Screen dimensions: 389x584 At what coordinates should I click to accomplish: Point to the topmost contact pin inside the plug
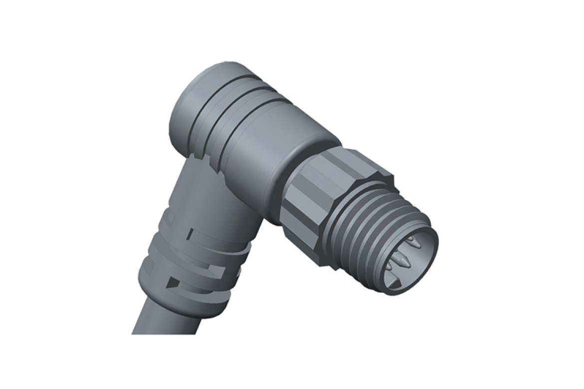coord(413,243)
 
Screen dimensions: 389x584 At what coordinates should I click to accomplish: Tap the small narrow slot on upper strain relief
coord(191,233)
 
